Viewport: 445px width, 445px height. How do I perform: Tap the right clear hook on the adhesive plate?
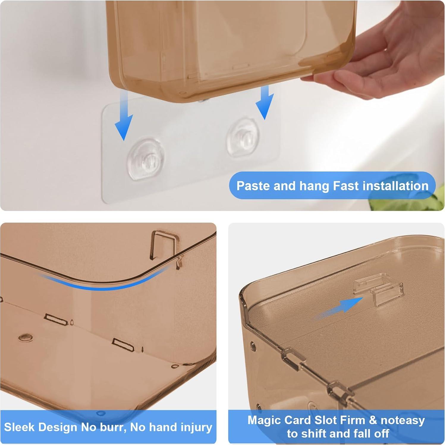pos(243,137)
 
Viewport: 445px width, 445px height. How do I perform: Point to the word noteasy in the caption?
pos(402,420)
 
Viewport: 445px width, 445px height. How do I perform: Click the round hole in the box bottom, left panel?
pos(25,337)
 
